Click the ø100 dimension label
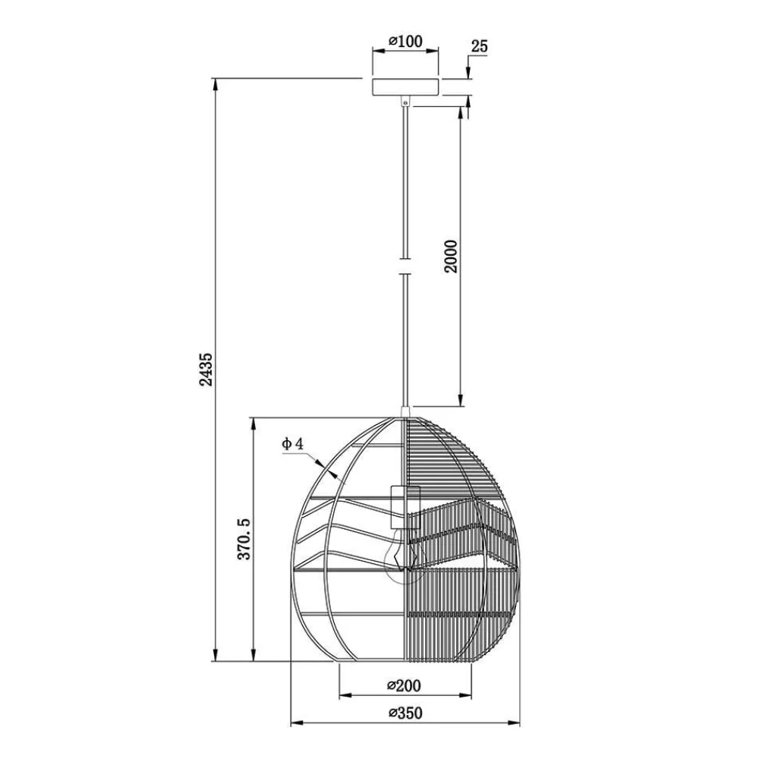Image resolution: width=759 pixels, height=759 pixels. point(405,41)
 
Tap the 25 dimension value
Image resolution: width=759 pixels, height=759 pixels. point(479,47)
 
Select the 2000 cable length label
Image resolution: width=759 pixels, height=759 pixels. point(451,257)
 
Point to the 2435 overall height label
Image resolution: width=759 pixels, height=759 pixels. point(206,370)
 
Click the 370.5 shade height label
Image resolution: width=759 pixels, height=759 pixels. point(244,539)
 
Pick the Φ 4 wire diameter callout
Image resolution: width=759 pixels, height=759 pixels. point(292,443)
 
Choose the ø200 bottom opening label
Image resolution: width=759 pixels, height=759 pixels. point(405,685)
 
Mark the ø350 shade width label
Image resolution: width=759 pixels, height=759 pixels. point(405,713)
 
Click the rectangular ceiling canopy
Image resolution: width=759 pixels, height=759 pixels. point(405,87)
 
